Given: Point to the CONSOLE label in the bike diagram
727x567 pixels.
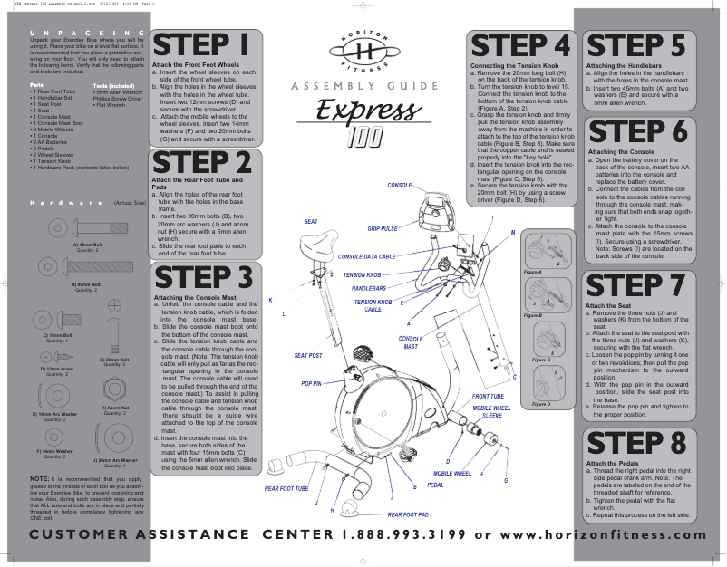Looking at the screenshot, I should click(x=400, y=185).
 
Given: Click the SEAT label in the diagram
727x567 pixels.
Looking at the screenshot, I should click(x=311, y=222).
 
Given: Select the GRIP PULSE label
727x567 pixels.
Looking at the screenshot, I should click(x=383, y=229).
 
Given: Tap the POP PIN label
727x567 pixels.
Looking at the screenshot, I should click(x=311, y=384).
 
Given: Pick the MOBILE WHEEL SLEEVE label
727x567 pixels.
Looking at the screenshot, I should click(x=491, y=412).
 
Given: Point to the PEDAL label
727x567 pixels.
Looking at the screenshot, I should click(x=435, y=485).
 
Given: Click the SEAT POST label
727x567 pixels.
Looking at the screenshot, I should click(x=308, y=355).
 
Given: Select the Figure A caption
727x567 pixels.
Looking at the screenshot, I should click(x=533, y=272).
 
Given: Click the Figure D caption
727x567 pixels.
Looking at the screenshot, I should click(x=541, y=404).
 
